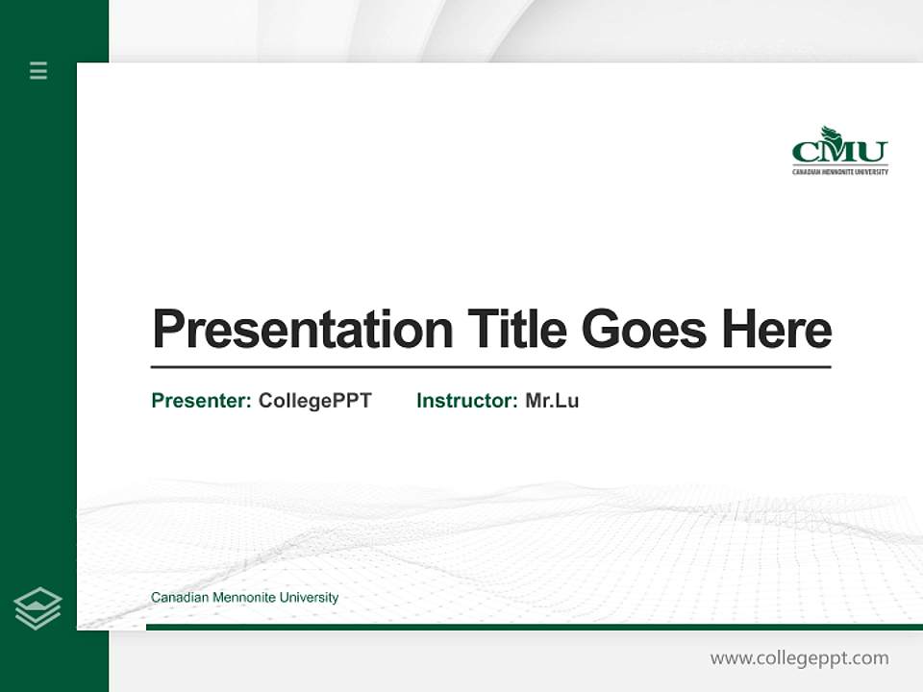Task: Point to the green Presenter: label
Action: pos(201,401)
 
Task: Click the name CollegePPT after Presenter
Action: pos(314,401)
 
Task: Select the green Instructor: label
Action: pos(466,401)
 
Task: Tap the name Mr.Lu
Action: pos(552,401)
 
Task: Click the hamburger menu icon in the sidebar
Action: pos(38,70)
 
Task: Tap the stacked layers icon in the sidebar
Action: pos(37,608)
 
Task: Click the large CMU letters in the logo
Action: pos(839,153)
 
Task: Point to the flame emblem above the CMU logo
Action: pos(830,134)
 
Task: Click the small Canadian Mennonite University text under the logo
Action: pos(839,172)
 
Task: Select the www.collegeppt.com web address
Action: pos(799,658)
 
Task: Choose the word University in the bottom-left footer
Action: pos(309,598)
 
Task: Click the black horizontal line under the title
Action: pos(490,367)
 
